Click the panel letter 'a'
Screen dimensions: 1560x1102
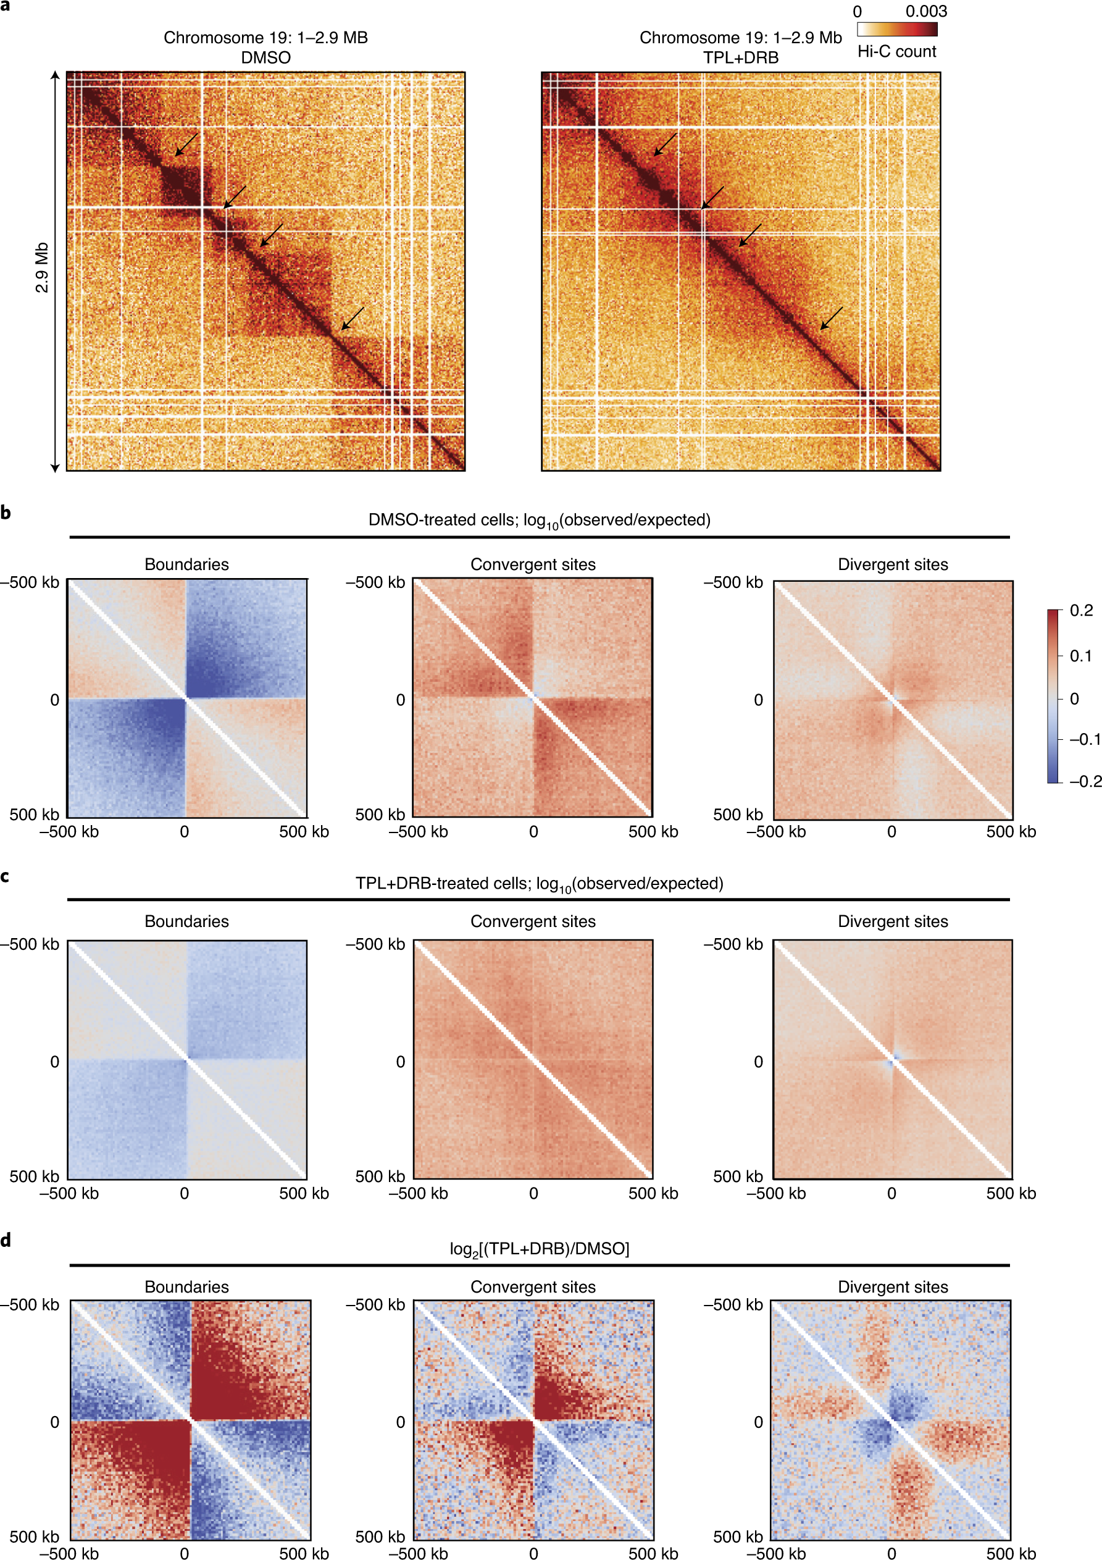point(6,6)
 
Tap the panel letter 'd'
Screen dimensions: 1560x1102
point(6,1241)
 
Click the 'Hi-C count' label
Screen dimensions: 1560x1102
point(896,52)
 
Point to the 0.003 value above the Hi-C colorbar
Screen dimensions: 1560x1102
point(925,11)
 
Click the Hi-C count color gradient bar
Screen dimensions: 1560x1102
point(896,29)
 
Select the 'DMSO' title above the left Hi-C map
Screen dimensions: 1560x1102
point(265,58)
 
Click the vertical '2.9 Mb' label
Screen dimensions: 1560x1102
point(42,267)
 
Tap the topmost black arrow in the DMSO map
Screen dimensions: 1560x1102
point(186,145)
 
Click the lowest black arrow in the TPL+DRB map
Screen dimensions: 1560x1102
point(831,318)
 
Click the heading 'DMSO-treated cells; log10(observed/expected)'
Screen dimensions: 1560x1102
point(539,521)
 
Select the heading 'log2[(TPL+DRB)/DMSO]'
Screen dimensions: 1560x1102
point(539,1249)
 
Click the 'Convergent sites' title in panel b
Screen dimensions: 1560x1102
point(533,564)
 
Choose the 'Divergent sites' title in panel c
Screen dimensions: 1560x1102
point(892,921)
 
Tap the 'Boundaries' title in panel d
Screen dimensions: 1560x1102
point(186,1287)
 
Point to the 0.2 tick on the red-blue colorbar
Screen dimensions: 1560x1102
point(1081,610)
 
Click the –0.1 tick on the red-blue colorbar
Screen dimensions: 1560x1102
point(1084,739)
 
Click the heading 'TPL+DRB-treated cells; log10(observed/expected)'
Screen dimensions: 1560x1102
point(539,884)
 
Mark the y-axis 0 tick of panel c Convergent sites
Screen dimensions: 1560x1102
point(400,1061)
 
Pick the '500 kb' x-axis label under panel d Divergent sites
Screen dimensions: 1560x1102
point(1010,1553)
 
